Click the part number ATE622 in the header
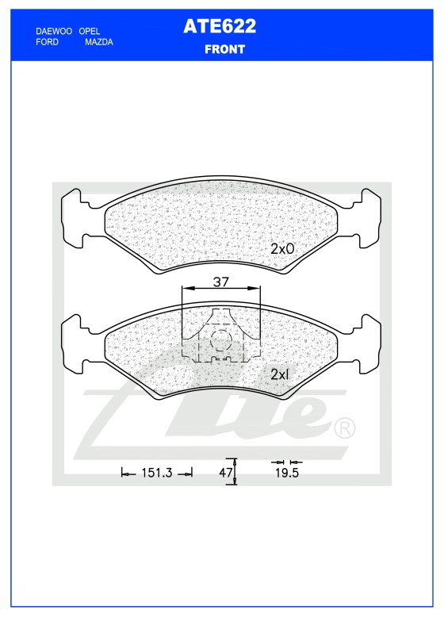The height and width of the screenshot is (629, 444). point(220,26)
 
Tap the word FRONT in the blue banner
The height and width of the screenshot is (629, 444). point(224,49)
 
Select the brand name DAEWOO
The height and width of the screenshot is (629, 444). point(54,31)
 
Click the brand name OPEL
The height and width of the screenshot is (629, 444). point(89,31)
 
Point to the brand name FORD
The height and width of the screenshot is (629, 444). point(47,42)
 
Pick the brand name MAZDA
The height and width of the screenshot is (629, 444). point(98,42)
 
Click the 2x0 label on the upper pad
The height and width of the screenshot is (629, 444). point(282,249)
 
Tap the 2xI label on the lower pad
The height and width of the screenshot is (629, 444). point(280,374)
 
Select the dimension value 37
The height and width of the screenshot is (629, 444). point(221,282)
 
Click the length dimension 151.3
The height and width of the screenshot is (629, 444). point(157,473)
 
